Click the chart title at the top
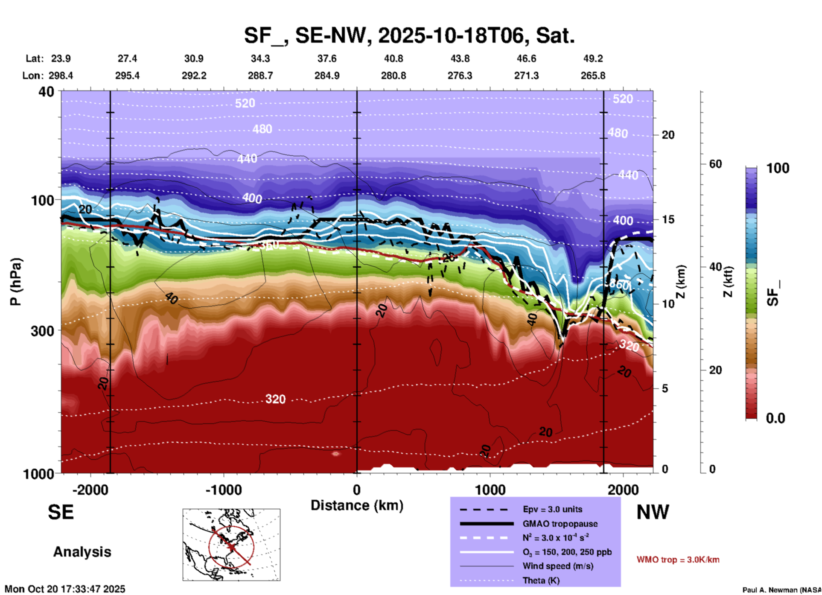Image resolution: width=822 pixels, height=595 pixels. point(409,35)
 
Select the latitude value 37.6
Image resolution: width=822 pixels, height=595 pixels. point(327,58)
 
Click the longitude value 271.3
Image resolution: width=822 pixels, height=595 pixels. point(526,76)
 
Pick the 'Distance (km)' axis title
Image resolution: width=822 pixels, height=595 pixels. point(357,505)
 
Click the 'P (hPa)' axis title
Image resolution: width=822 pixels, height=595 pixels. point(16,282)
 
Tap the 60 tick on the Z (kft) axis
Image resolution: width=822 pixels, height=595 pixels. point(716,164)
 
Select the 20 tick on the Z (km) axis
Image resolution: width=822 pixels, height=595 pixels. point(668,135)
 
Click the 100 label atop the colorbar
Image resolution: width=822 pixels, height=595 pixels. point(778,168)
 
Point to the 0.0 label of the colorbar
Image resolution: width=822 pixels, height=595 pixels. point(775,418)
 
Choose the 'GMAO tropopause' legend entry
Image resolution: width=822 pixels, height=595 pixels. point(560,524)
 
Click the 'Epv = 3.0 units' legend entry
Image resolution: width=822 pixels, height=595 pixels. point(552,509)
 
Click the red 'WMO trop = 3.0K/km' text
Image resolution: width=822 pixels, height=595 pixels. point(678,560)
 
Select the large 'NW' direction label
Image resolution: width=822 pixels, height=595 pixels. point(653,512)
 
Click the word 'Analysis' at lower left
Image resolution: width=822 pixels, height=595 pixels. point(82,552)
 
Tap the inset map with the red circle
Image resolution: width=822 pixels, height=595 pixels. point(231,545)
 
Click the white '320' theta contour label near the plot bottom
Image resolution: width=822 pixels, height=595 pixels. point(275,399)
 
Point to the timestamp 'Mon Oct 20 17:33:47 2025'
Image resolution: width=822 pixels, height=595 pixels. point(65,589)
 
